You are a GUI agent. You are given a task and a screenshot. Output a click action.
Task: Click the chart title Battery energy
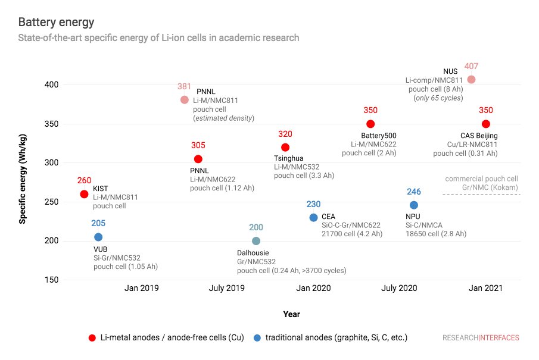(x=56, y=23)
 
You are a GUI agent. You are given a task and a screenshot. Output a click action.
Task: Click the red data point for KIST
(x=84, y=194)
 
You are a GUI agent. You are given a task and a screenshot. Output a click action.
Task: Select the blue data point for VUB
(x=98, y=237)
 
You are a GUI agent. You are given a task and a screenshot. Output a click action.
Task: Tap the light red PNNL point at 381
(x=185, y=99)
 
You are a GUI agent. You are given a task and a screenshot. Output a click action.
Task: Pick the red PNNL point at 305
(x=198, y=159)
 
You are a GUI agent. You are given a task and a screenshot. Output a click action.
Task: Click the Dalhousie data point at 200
(x=256, y=241)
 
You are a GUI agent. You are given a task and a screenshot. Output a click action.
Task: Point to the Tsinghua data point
(x=285, y=147)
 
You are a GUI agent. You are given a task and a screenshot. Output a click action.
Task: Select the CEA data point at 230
(x=313, y=217)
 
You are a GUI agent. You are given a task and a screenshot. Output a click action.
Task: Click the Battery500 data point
(x=370, y=124)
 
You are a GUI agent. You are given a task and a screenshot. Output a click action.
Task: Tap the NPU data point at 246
(x=414, y=205)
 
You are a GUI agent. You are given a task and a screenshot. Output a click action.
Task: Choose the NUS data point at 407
(x=471, y=79)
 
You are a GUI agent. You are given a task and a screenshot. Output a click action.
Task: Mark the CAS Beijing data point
(x=486, y=124)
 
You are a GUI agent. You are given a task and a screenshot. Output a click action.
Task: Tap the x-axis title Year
(x=292, y=314)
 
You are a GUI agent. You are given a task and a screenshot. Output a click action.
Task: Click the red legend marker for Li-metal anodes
(x=92, y=338)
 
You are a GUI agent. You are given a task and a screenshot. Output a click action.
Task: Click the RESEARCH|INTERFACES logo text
(x=480, y=338)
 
